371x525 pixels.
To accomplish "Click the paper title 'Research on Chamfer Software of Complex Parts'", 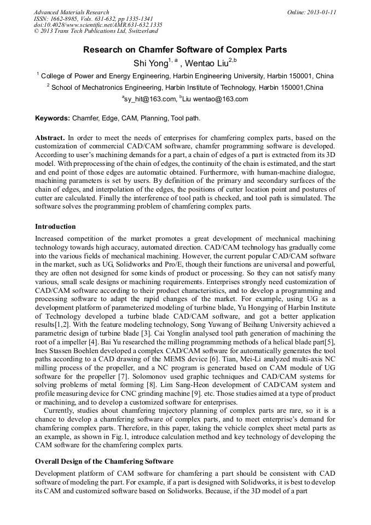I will pyautogui.click(x=185, y=50).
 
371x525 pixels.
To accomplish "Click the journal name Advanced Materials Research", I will pyautogui.click(x=71, y=12).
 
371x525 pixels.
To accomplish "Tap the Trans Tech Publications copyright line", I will pyautogui.click(x=96, y=32).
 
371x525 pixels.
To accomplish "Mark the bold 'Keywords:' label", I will pyautogui.click(x=53, y=118).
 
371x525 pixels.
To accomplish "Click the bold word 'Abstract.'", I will pyautogui.click(x=50, y=138).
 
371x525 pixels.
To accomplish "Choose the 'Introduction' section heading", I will pyautogui.click(x=55, y=226).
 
